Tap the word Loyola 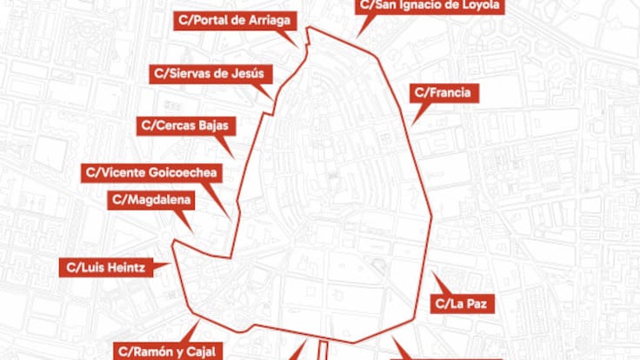476,6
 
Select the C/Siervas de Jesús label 207,73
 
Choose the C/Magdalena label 152,200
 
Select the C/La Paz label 464,303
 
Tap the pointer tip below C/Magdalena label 191,231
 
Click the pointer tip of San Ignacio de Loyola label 357,37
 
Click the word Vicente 123,171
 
